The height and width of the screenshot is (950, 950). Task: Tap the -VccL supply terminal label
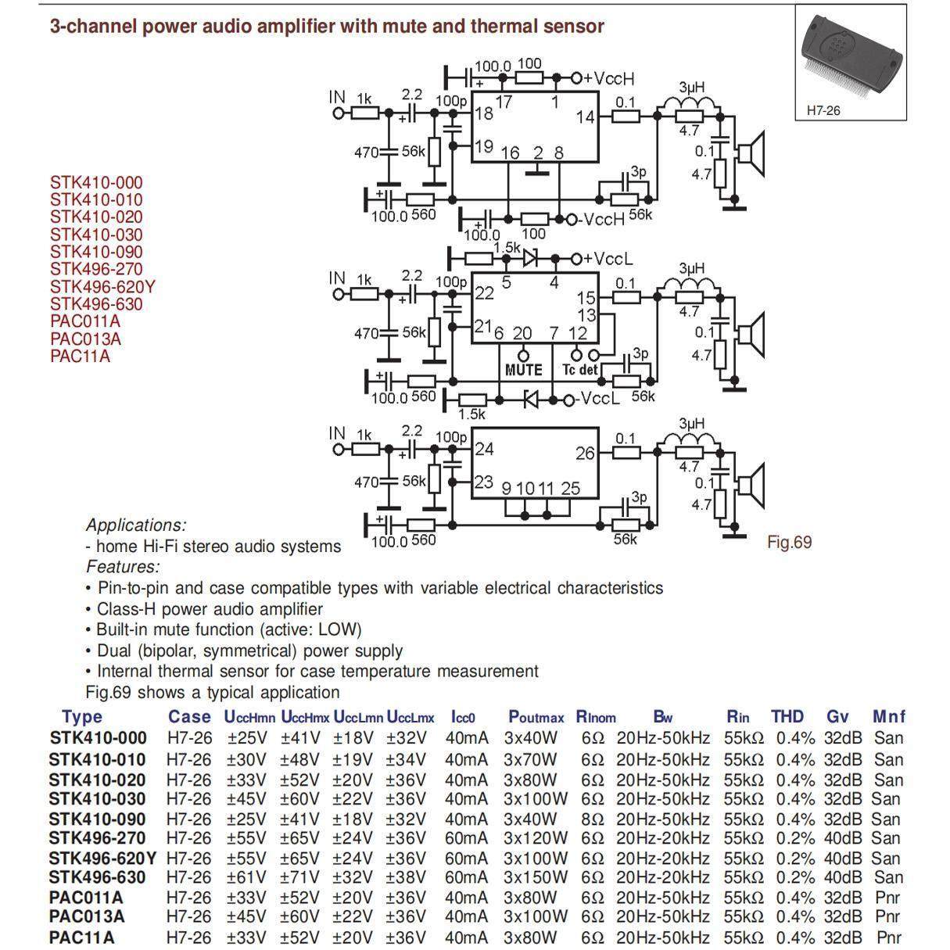coord(598,400)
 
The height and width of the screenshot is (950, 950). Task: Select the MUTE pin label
coord(523,370)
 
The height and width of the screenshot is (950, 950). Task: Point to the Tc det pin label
coord(579,370)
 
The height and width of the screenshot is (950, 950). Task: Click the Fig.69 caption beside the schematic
coord(790,542)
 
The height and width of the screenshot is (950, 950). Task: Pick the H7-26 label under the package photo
coord(823,110)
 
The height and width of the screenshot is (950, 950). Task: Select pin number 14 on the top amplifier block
coord(585,117)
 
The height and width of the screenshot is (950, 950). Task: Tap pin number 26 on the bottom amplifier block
coord(585,453)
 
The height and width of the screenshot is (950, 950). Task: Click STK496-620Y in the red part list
coord(102,287)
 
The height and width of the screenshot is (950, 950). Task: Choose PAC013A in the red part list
coord(85,339)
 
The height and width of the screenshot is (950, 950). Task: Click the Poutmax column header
coord(536,716)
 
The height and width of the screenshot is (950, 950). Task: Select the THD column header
coord(787,716)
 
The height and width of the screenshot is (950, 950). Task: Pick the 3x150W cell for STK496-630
coord(536,877)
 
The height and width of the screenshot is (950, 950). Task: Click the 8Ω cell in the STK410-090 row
coord(593,819)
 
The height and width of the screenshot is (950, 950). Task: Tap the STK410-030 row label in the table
coord(97,798)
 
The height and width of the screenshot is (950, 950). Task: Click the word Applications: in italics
coord(136,525)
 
